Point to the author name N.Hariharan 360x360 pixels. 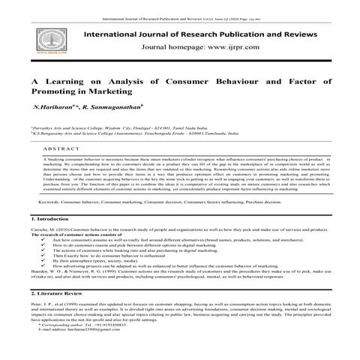46,107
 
